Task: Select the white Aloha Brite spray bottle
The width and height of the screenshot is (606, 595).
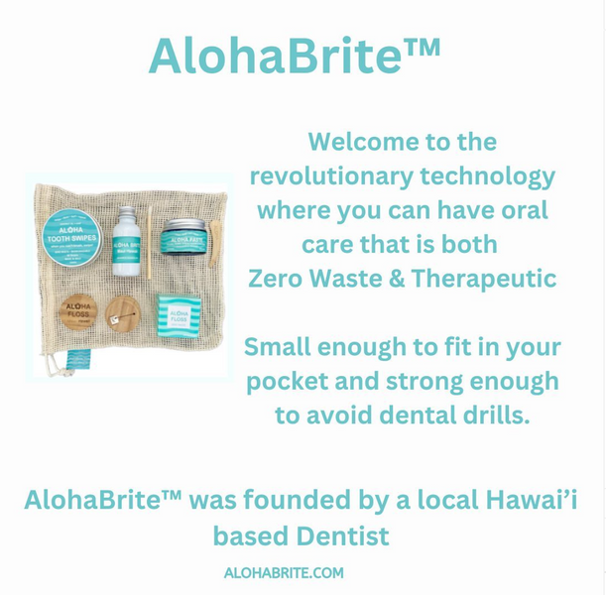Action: point(125,243)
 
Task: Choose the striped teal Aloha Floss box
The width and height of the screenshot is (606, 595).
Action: point(180,314)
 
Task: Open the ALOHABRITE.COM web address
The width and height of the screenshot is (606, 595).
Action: point(284,573)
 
